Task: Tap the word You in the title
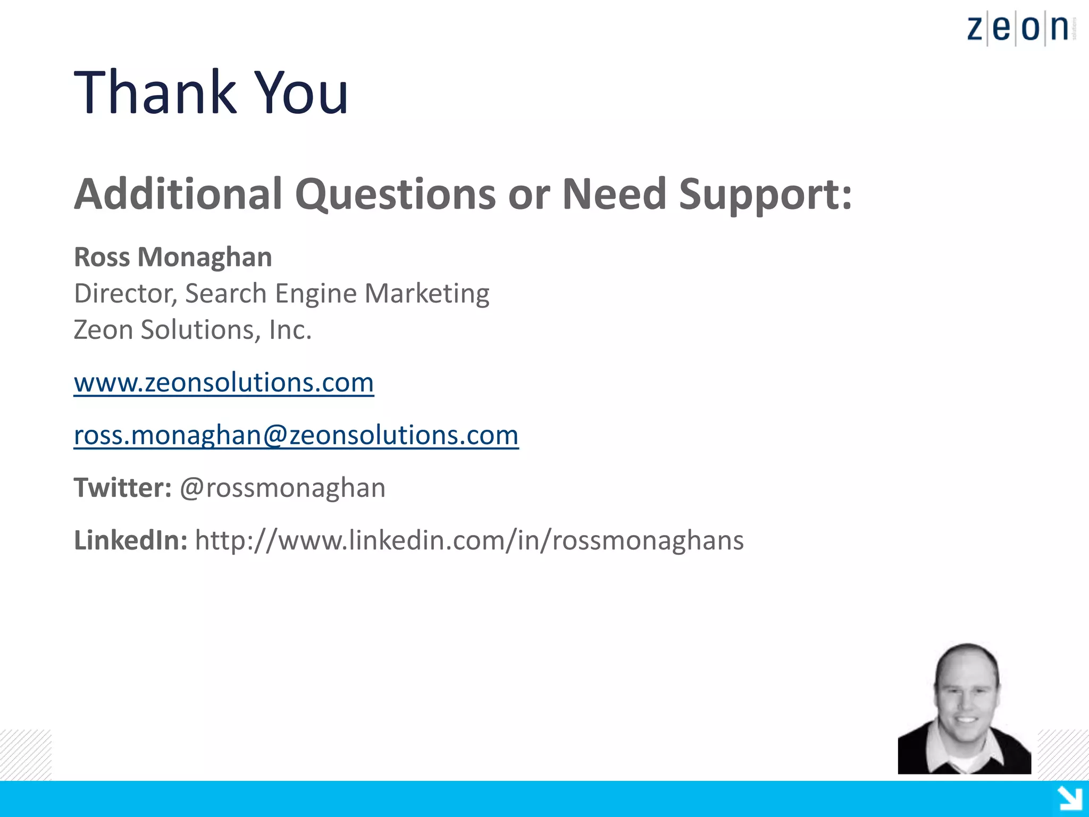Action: [301, 93]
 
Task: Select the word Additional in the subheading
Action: [178, 194]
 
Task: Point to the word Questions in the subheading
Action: [395, 195]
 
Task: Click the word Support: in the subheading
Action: [765, 195]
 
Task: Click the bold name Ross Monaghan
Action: [173, 257]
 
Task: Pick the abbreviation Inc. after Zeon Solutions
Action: [290, 330]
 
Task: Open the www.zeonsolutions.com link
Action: [224, 382]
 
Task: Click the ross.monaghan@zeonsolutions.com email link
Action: [296, 435]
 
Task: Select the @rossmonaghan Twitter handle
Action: [282, 488]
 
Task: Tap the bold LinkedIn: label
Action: [130, 540]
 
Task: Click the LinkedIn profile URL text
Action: [469, 540]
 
